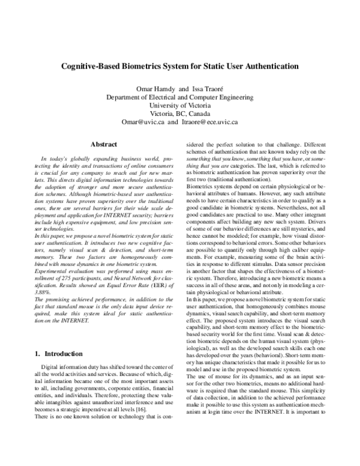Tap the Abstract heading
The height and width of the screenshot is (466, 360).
103,144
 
